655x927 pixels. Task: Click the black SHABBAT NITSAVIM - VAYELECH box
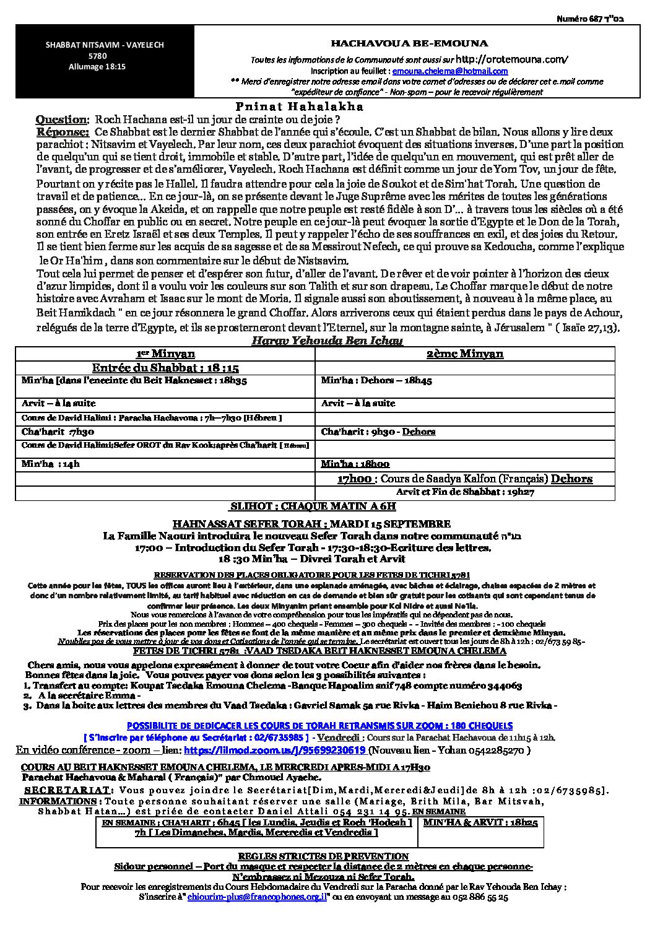(x=86, y=57)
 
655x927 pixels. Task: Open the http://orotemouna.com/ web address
(x=511, y=59)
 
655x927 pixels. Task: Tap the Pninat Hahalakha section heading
(x=300, y=106)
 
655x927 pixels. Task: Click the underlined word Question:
(x=62, y=119)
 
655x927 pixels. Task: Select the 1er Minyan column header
(x=165, y=354)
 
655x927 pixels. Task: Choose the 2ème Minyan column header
(x=465, y=354)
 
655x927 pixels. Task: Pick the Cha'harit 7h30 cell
(x=58, y=432)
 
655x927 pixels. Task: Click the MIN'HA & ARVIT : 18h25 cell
(x=480, y=822)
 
